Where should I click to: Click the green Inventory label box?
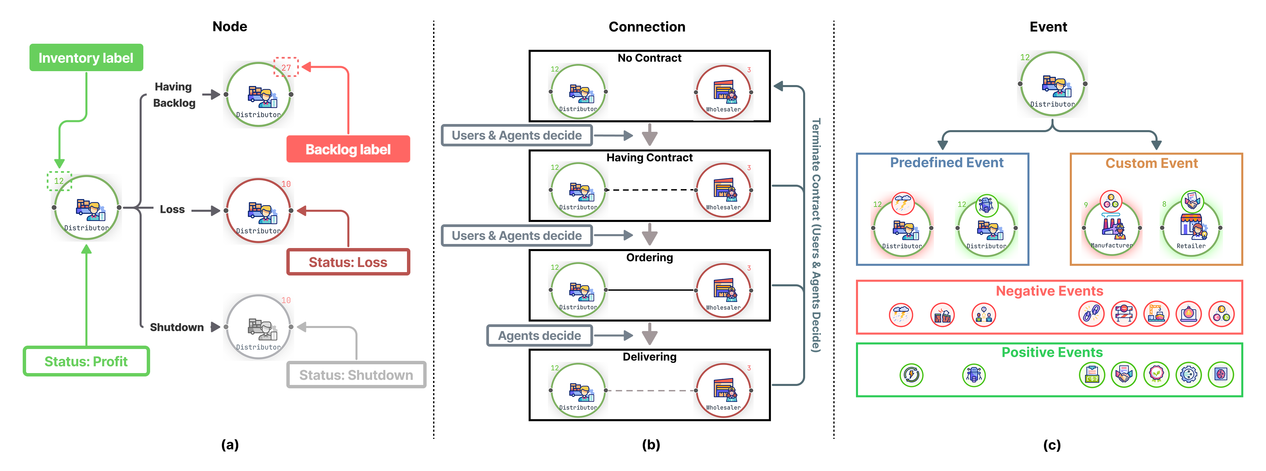(x=86, y=58)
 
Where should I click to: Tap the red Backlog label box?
(x=348, y=149)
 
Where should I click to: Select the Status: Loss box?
(x=348, y=262)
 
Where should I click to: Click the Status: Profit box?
(x=86, y=361)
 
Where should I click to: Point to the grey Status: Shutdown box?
(x=356, y=375)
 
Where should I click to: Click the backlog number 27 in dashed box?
(x=286, y=67)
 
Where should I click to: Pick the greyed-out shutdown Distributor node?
(x=259, y=327)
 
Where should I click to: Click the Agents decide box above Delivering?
(x=539, y=335)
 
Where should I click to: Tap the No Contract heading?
(x=649, y=58)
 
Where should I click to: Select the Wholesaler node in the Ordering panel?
(x=723, y=290)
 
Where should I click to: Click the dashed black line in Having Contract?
(x=651, y=190)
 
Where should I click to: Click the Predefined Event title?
(x=946, y=162)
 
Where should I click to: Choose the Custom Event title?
(x=1151, y=163)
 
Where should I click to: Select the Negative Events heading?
(x=1049, y=291)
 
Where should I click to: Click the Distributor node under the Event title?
(x=1052, y=84)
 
